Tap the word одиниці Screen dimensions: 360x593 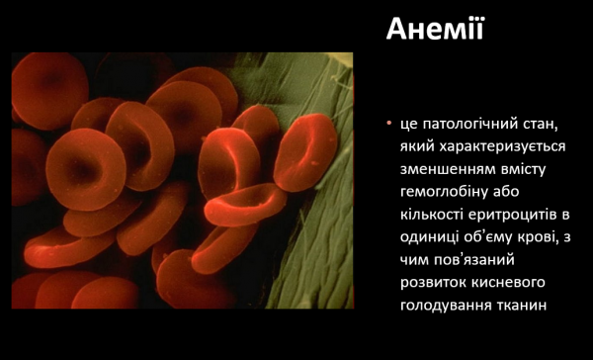(432, 236)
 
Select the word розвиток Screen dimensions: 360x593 (436, 282)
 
